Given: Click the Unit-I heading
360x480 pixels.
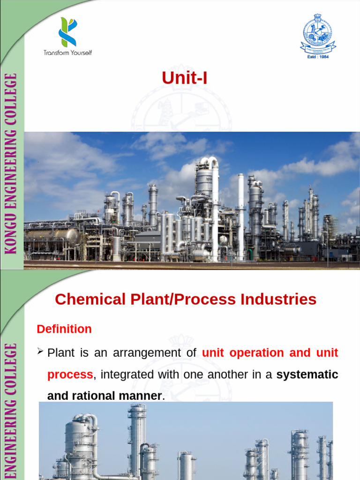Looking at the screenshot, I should coord(184,78).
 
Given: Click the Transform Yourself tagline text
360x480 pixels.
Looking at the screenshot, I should coord(68,52).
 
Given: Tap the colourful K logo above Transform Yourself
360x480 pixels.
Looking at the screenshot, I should coord(67,32).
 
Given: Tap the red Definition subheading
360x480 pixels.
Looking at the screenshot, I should coord(64,329).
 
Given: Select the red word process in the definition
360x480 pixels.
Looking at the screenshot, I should coord(70,375).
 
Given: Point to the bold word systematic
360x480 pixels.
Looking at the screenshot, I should coord(307,375).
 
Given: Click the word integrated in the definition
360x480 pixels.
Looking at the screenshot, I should coord(124,375).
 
